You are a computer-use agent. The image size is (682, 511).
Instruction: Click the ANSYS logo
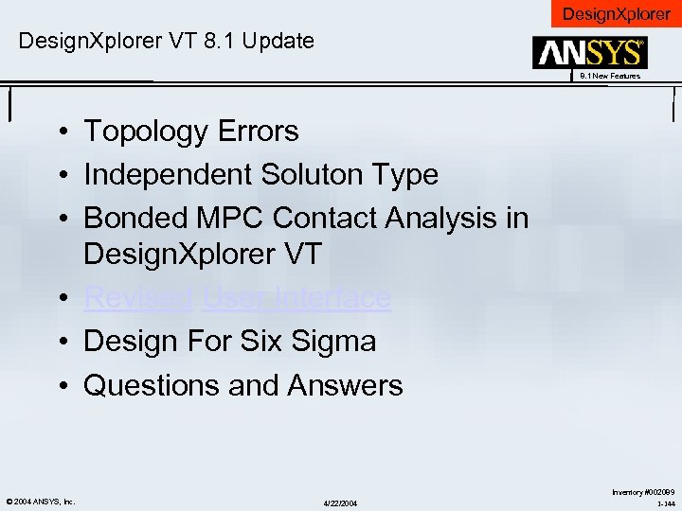[x=589, y=53]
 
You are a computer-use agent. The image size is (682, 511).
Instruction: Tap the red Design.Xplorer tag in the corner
[x=617, y=13]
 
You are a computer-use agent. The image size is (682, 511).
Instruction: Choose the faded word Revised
[x=138, y=298]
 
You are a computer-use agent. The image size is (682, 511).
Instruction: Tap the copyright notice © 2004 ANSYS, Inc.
[x=39, y=501]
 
